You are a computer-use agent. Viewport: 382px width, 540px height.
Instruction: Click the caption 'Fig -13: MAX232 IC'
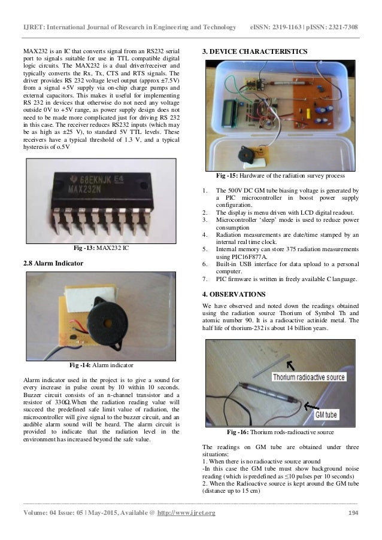pos(99,248)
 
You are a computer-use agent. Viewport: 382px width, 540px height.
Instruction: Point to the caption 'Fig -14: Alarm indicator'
pos(99,364)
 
